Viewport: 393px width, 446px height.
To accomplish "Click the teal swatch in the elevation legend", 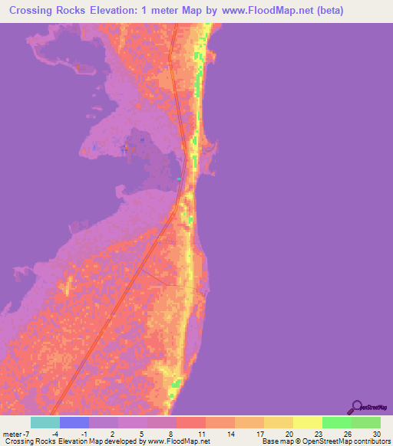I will coord(45,422).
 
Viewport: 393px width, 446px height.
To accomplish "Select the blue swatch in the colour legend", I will coord(74,422).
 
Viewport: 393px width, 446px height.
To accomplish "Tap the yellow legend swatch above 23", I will coord(308,422).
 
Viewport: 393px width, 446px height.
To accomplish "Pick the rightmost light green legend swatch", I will coord(366,422).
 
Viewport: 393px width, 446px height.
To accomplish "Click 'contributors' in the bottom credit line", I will coord(369,441).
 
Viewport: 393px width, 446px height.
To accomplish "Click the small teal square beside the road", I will coord(179,179).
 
